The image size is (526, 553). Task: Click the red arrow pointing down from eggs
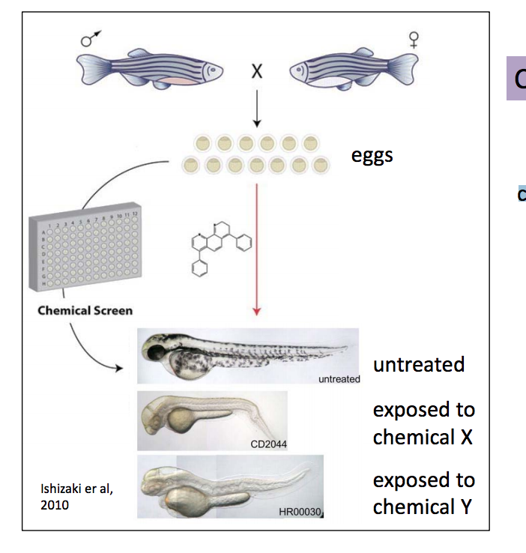click(256, 247)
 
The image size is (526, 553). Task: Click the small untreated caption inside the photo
click(339, 378)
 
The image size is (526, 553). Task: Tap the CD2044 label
click(268, 444)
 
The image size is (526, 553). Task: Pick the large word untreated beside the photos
click(419, 365)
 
